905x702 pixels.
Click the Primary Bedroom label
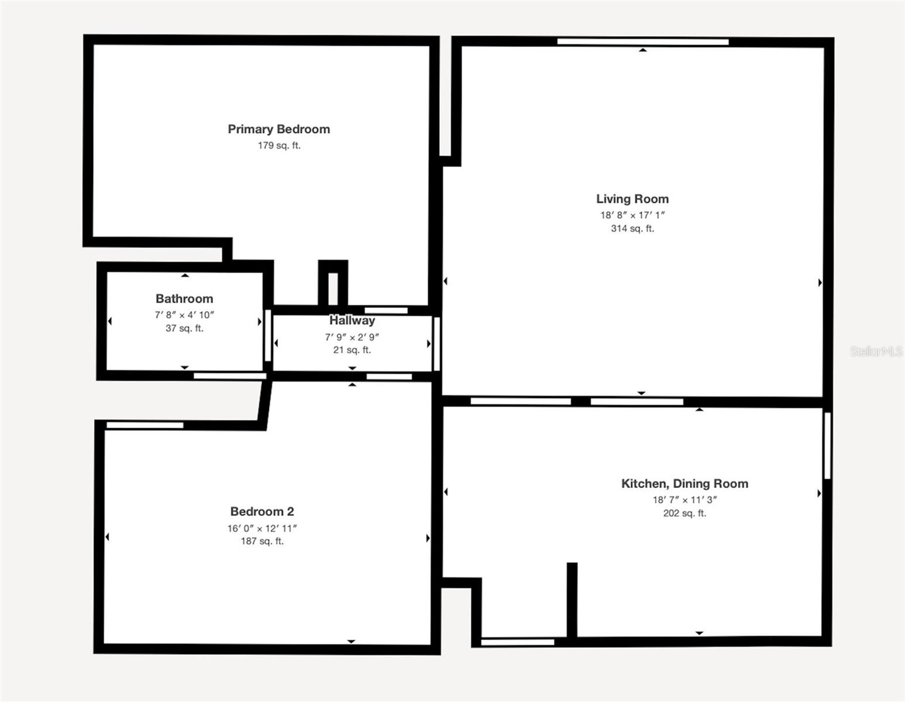click(278, 129)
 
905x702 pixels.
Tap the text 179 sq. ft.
click(279, 145)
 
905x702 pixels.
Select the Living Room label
click(632, 199)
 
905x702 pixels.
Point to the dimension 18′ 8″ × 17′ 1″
click(632, 215)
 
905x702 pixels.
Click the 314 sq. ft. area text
click(632, 228)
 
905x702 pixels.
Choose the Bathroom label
click(184, 298)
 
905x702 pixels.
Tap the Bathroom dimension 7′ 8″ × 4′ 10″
click(184, 315)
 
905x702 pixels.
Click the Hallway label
click(352, 320)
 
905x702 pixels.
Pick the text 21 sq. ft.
click(352, 350)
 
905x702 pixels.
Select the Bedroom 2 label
click(262, 511)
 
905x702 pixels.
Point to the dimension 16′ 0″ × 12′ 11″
click(262, 528)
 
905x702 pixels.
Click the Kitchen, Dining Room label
click(684, 483)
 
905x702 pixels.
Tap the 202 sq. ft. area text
click(684, 513)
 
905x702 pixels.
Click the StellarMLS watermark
click(876, 352)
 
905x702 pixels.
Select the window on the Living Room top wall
click(643, 42)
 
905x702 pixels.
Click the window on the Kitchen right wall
click(828, 446)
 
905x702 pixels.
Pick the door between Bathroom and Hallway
click(268, 336)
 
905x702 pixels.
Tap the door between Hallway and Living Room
click(436, 344)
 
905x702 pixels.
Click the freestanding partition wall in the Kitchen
click(572, 600)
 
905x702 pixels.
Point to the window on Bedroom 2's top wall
click(145, 425)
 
